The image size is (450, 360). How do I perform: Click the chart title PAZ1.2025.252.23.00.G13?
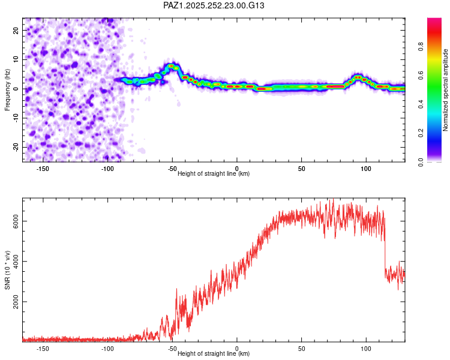[214, 5]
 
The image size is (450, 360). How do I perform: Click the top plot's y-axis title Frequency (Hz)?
[8, 89]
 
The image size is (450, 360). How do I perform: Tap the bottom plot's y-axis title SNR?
[8, 269]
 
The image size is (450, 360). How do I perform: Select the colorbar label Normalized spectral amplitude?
[446, 90]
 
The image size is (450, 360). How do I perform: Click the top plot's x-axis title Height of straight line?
[214, 173]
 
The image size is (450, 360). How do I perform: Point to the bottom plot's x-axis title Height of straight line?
[214, 354]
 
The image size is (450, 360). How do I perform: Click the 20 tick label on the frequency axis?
[16, 30]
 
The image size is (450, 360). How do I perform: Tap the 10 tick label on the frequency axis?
[16, 59]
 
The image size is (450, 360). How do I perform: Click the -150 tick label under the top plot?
[43, 168]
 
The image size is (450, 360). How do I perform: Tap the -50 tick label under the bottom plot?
[172, 348]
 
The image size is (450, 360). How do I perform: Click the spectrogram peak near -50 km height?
[172, 66]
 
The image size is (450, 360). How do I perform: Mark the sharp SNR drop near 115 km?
[385, 252]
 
